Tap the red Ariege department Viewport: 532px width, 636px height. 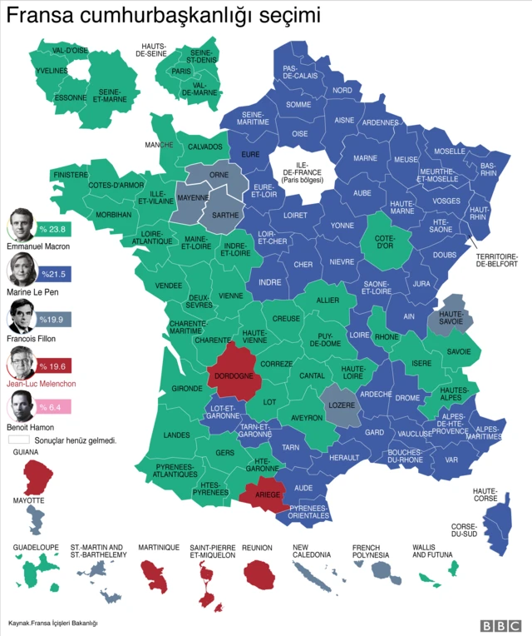pos(266,493)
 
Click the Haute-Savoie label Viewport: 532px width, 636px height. pos(451,317)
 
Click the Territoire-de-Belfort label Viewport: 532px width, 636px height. pos(496,260)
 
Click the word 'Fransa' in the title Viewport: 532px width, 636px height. pos(37,16)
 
